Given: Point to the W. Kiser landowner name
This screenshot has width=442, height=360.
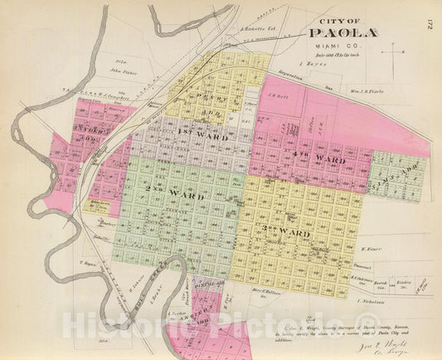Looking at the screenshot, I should pos(374,246).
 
